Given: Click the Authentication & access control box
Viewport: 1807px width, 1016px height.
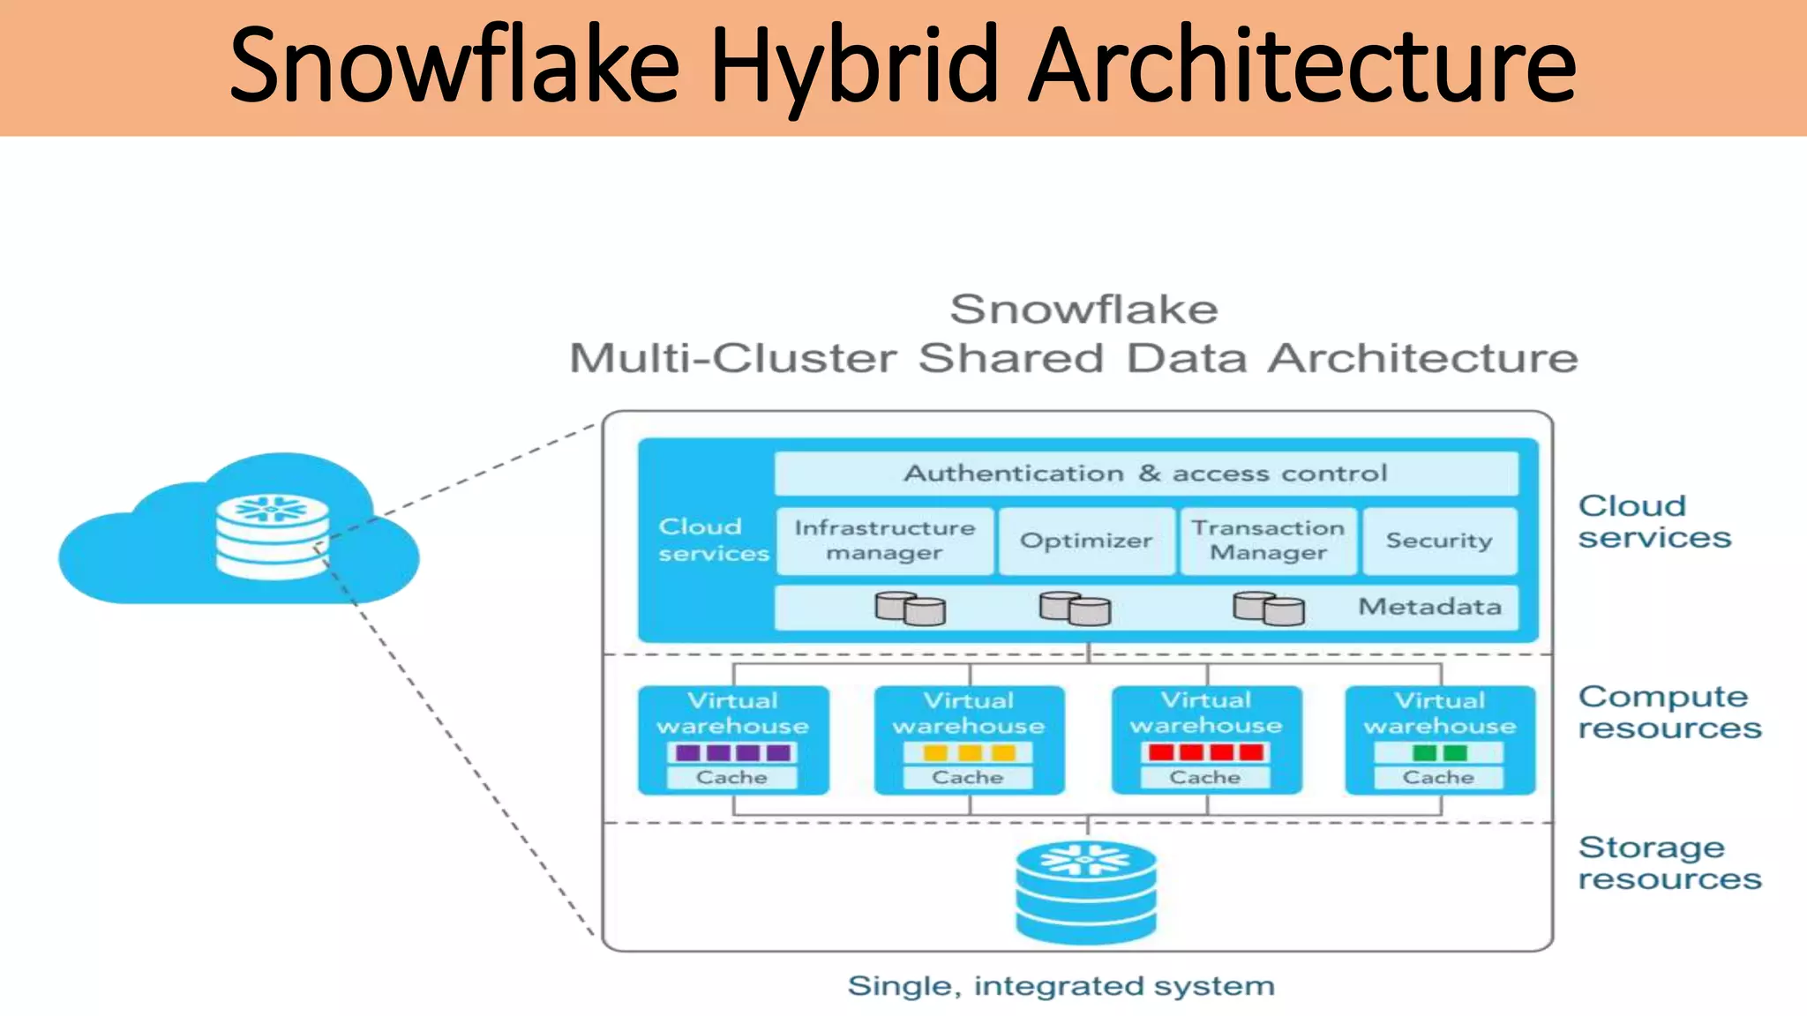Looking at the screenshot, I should pyautogui.click(x=1145, y=474).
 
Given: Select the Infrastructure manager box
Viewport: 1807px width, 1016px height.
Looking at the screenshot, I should pyautogui.click(x=885, y=541).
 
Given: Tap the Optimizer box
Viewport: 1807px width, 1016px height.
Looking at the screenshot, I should pyautogui.click(x=1086, y=541).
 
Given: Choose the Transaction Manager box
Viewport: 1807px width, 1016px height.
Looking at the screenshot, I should pyautogui.click(x=1268, y=541).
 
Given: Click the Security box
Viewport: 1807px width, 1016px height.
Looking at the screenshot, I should pyautogui.click(x=1439, y=541).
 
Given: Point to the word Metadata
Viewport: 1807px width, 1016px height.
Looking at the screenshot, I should pyautogui.click(x=1429, y=607).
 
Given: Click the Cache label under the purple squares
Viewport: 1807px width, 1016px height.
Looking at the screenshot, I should pyautogui.click(x=731, y=777).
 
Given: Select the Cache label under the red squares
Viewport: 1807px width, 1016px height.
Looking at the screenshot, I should pyautogui.click(x=1205, y=777).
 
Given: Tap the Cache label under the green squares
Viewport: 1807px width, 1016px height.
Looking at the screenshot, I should pyautogui.click(x=1439, y=777).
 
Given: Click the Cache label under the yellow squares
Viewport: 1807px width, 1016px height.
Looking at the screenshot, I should pyautogui.click(x=968, y=777).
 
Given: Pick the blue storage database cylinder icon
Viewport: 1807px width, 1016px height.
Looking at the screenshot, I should pyautogui.click(x=1086, y=893).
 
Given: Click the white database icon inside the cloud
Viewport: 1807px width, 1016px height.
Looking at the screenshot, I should pyautogui.click(x=273, y=537).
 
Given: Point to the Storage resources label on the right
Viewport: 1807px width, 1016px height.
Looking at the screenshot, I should pyautogui.click(x=1668, y=863).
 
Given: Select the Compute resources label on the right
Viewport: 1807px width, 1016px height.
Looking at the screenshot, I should pyautogui.click(x=1668, y=713).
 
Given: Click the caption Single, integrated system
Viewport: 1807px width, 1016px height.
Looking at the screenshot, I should pyautogui.click(x=1061, y=985).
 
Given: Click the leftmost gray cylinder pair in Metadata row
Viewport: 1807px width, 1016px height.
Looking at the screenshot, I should pyautogui.click(x=910, y=609).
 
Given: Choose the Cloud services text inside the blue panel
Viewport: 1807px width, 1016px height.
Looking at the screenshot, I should pyautogui.click(x=713, y=540).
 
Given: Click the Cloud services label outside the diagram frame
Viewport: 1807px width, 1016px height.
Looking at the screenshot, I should pyautogui.click(x=1653, y=521).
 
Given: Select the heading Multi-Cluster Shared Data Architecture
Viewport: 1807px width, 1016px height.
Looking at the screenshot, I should pyautogui.click(x=1073, y=358).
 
